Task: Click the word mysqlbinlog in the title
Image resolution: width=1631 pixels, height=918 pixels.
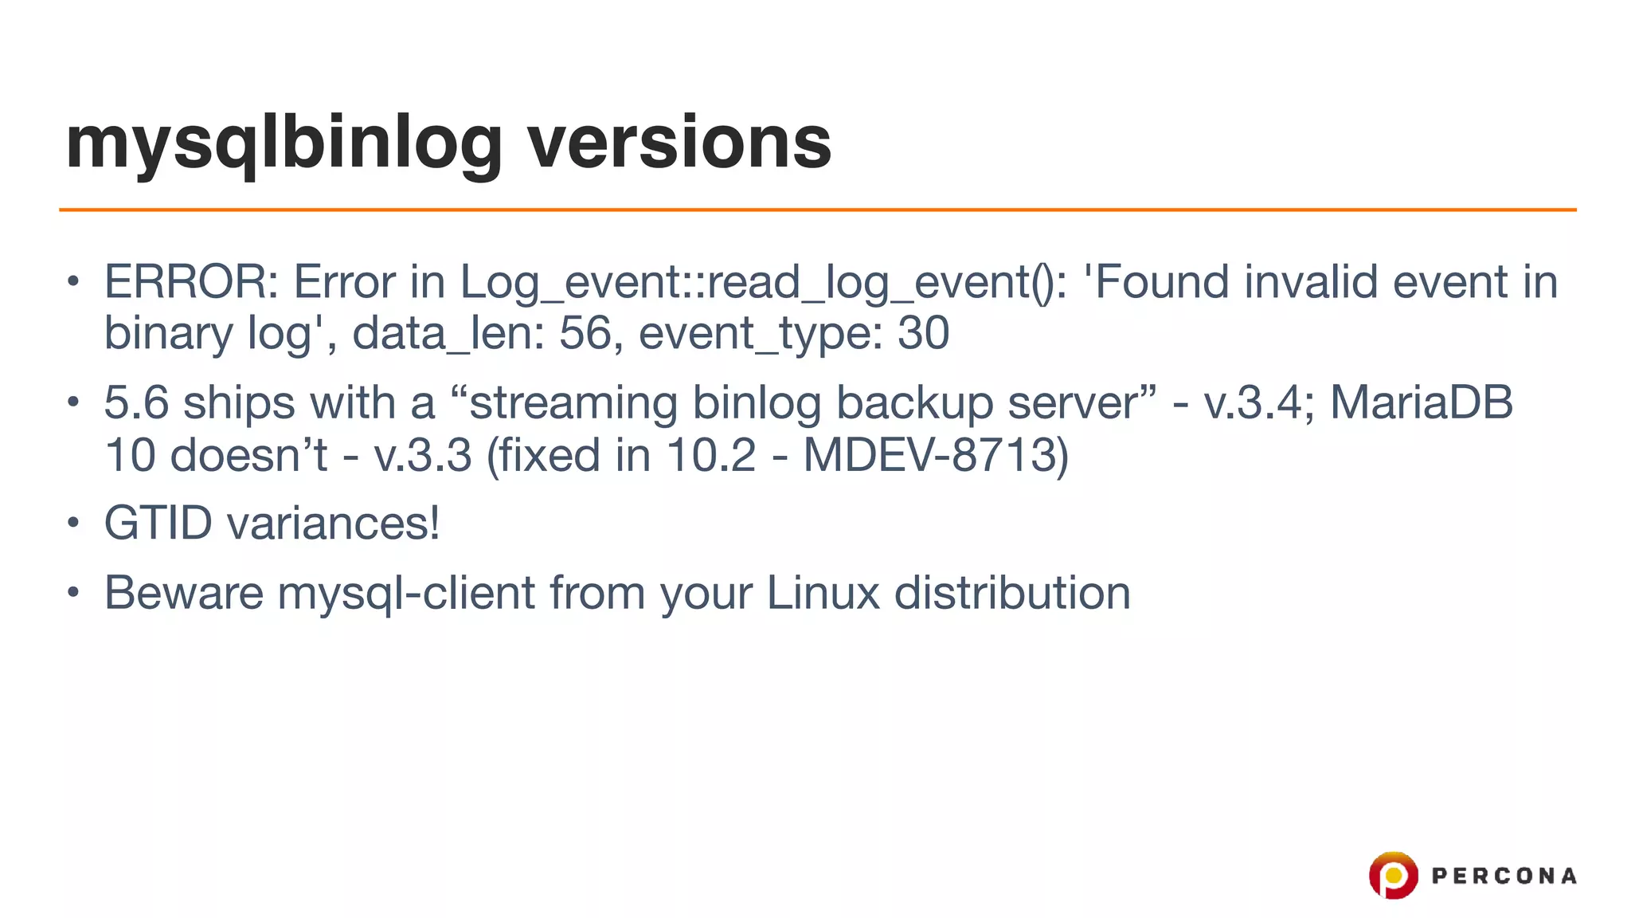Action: [x=284, y=143]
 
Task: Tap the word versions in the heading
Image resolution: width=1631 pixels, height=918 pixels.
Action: [x=679, y=143]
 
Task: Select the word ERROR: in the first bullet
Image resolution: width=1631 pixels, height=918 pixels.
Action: [x=191, y=282]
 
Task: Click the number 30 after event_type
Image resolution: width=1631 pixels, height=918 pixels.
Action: [x=923, y=333]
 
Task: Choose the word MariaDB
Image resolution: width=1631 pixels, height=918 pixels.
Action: [x=1422, y=402]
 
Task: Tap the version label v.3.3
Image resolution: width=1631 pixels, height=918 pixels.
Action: [x=423, y=456]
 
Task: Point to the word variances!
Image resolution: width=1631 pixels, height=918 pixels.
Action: [x=333, y=524]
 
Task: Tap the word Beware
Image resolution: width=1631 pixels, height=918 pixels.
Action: [x=184, y=593]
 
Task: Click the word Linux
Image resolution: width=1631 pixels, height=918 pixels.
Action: [x=823, y=593]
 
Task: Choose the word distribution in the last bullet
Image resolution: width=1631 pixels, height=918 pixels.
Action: [x=1012, y=593]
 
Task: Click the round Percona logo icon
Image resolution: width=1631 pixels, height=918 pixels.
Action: [x=1393, y=876]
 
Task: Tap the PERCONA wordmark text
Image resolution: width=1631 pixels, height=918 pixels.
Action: [x=1504, y=877]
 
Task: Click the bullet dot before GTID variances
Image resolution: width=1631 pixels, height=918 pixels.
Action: [x=73, y=524]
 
